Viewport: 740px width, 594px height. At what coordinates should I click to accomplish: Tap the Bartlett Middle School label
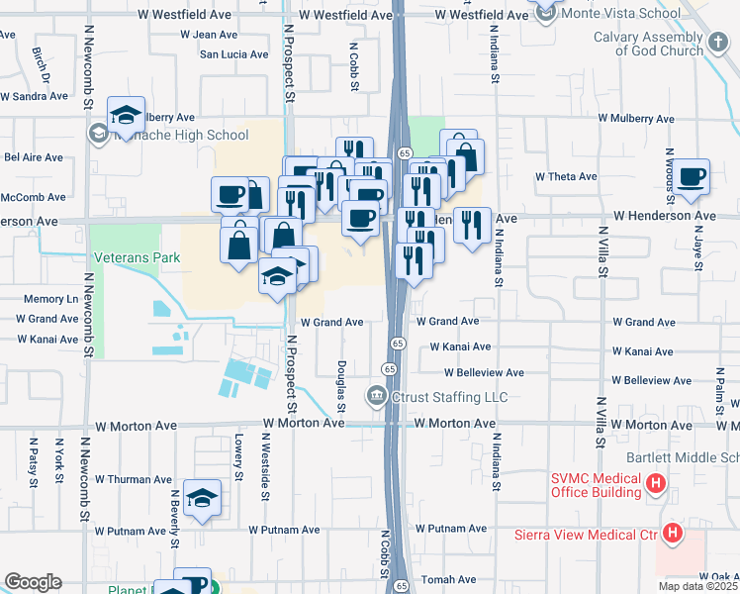coord(683,458)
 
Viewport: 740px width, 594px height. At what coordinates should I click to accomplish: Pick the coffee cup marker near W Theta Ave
coord(693,176)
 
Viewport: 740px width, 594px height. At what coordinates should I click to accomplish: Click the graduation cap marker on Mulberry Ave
coord(127,115)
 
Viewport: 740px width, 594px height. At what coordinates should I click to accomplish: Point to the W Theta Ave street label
coord(566,176)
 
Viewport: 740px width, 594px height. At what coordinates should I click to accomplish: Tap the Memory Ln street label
coord(51,298)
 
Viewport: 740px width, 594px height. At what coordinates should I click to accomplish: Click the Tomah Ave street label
coord(442,579)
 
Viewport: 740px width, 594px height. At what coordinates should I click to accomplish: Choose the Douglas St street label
coord(342,386)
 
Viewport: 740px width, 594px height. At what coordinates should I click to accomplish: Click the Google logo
coord(33,582)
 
